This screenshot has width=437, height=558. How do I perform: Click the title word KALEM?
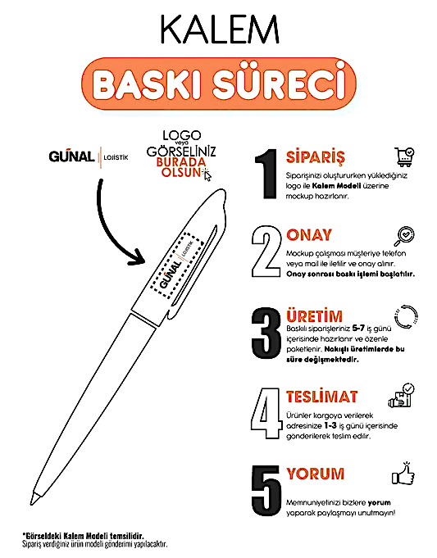(220, 29)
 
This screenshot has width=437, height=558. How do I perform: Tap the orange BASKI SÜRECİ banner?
(219, 84)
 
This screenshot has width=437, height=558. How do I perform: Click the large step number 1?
(266, 174)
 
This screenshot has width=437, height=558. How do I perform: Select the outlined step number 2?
(266, 252)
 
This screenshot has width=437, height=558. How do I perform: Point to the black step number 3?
(266, 333)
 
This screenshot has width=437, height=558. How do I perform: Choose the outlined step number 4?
(266, 413)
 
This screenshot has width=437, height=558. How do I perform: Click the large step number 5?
(266, 491)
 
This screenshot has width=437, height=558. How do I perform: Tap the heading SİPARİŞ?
(316, 157)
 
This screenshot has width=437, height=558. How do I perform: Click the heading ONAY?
(309, 235)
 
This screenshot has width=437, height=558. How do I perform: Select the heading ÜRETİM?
(315, 315)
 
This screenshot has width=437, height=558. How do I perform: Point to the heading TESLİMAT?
(322, 397)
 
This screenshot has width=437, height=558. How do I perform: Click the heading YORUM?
(316, 474)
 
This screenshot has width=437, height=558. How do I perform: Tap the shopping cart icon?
(404, 157)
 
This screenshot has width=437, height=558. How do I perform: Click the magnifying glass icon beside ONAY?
(404, 236)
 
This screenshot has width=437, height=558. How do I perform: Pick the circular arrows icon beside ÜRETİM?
(406, 317)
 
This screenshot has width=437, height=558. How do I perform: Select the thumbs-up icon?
(403, 474)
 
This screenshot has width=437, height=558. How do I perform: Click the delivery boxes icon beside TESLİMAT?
(402, 396)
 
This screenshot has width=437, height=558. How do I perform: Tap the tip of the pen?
(31, 503)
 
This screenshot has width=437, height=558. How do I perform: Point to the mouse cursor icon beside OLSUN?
(207, 175)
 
